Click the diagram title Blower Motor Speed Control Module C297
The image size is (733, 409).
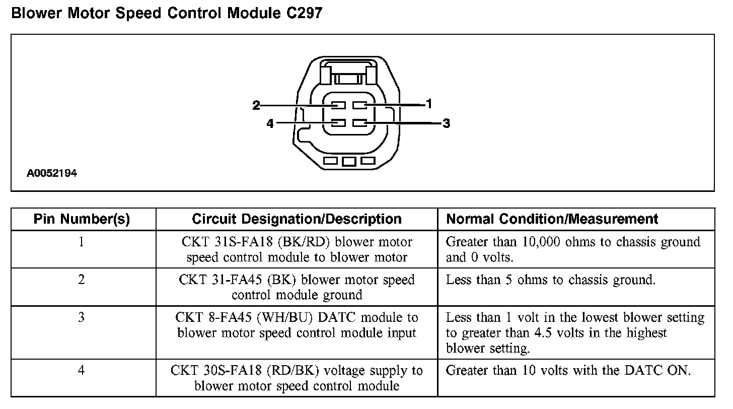point(166,13)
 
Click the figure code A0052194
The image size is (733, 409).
point(52,174)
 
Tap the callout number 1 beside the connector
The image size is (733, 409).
point(428,104)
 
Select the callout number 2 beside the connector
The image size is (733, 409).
point(256,105)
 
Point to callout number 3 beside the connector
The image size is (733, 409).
point(446,123)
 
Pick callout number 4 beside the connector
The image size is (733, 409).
point(270,123)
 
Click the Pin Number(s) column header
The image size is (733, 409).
point(82,219)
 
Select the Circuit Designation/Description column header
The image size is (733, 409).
point(297,219)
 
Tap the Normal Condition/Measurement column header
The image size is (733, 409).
point(552,219)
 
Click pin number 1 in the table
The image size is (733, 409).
point(82,242)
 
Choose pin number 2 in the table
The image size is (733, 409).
point(82,280)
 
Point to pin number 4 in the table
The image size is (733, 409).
point(82,371)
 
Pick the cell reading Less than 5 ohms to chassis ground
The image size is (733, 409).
point(551,280)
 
